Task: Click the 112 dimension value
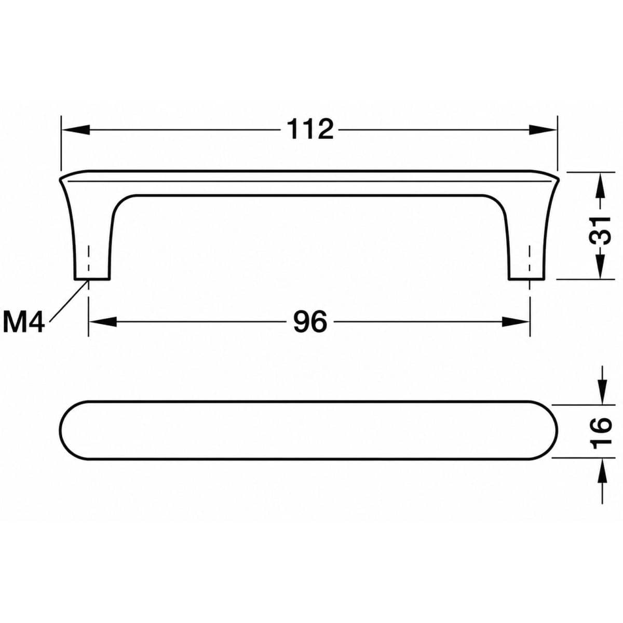click(310, 129)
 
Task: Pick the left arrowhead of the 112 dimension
click(75, 130)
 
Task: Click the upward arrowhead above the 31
click(600, 186)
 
